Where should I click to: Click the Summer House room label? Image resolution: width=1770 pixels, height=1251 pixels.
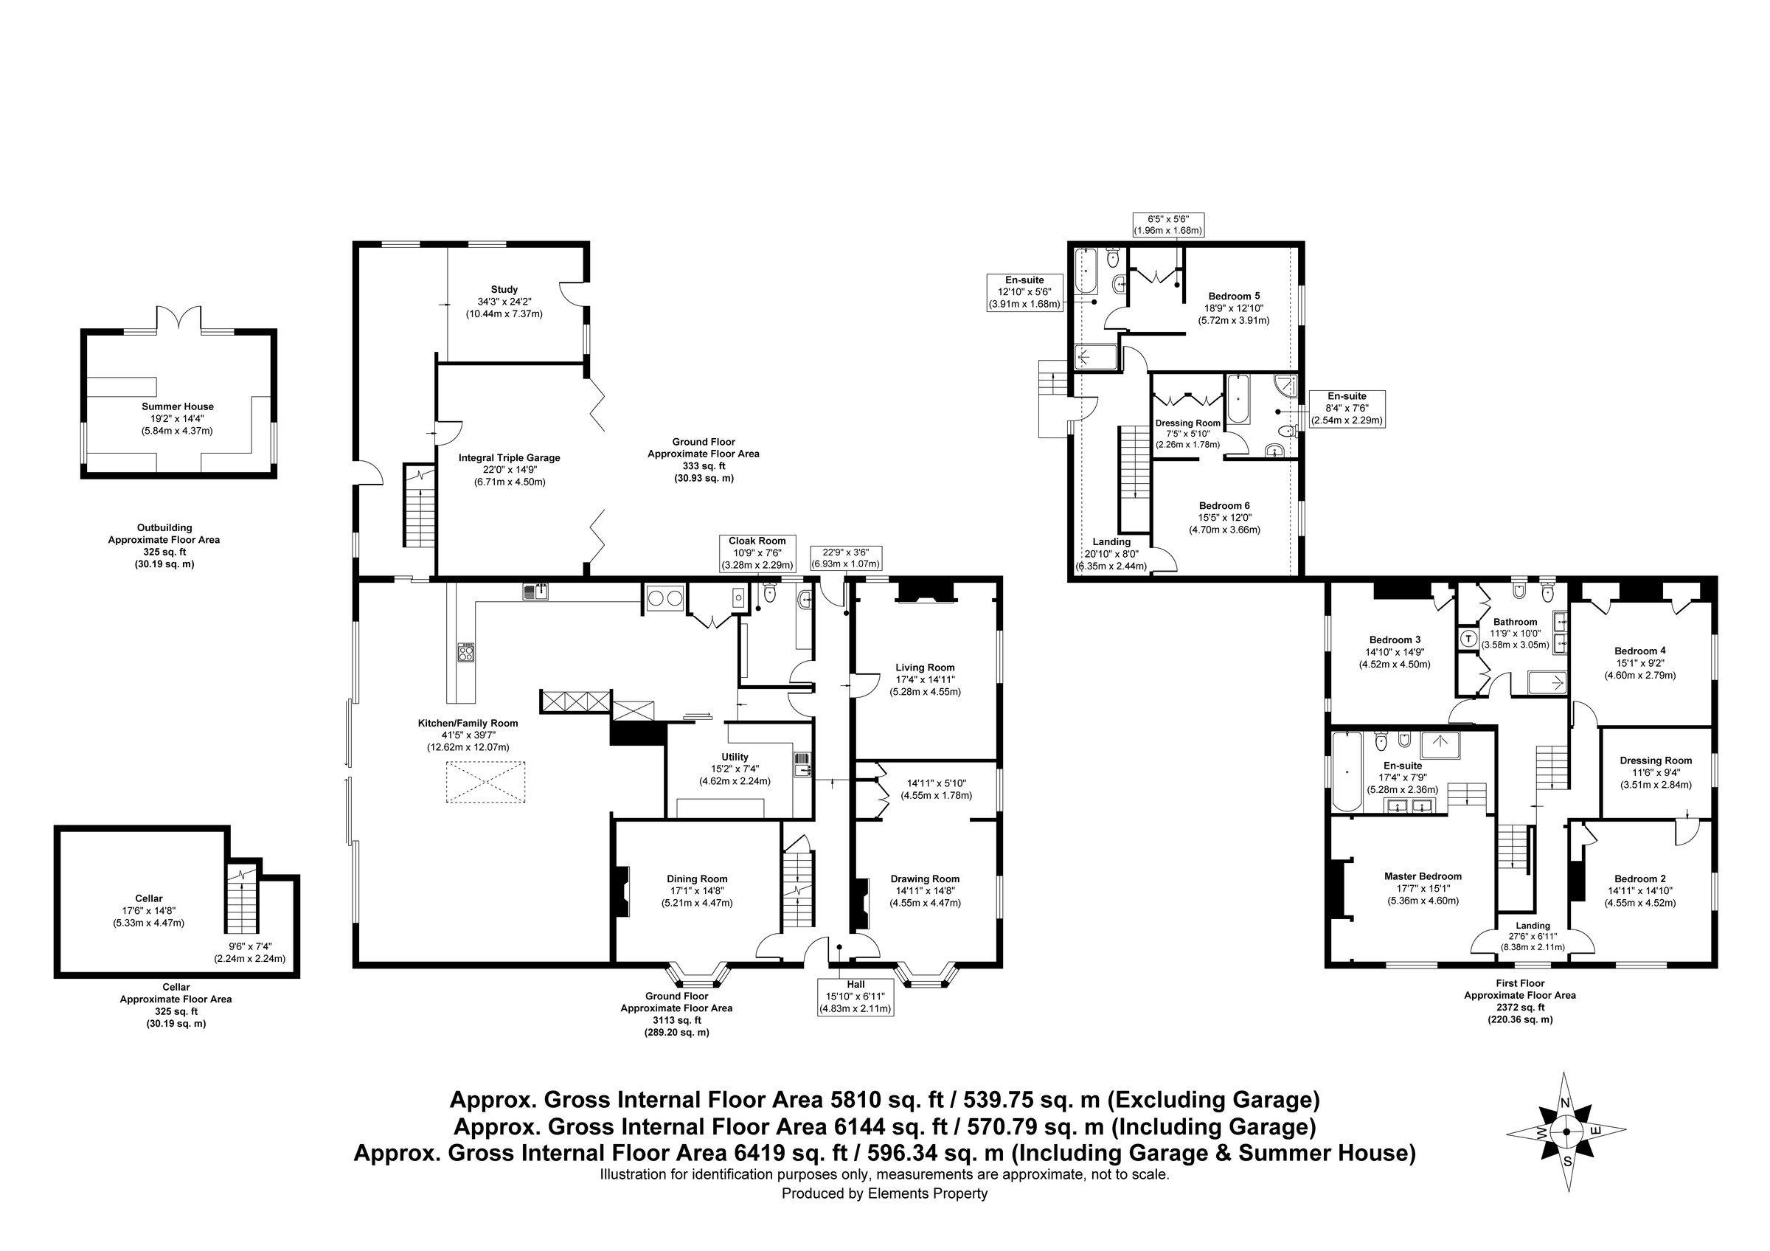pos(177,406)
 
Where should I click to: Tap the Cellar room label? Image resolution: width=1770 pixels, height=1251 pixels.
pos(149,898)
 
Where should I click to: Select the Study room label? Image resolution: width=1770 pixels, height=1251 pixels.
pos(504,290)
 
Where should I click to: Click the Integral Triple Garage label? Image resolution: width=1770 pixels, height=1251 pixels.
pos(509,458)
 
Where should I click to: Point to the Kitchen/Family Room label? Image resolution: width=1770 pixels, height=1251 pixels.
pos(468,723)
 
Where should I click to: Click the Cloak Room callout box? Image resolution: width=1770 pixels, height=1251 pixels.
pos(757,553)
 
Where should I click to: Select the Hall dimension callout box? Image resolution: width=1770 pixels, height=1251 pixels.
pos(855,996)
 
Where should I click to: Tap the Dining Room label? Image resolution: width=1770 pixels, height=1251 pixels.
pos(697,879)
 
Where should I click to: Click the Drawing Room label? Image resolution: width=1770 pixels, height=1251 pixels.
pos(924,879)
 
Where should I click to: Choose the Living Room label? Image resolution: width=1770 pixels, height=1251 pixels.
pos(925,668)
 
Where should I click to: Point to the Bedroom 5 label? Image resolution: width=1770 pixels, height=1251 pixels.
pos(1235,296)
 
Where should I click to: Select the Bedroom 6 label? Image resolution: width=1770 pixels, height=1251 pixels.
pos(1224,506)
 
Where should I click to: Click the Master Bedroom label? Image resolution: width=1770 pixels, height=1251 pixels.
pos(1423,876)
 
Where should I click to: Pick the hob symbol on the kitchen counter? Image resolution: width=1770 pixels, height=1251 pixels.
pos(465,652)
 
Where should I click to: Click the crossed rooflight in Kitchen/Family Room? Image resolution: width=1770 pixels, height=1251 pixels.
pos(486,783)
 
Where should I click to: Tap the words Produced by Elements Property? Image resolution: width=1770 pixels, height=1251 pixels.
pos(884,1194)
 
